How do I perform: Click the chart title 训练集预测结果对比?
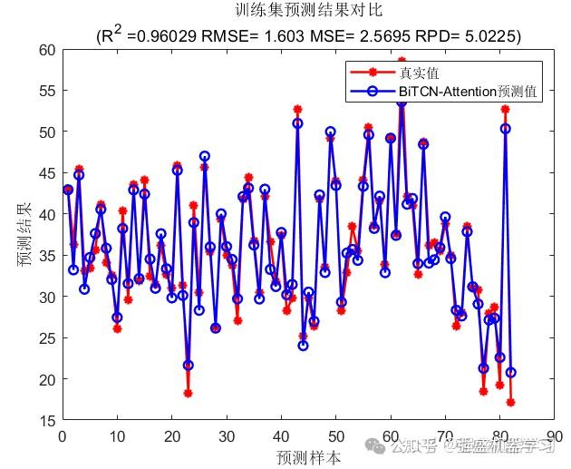(x=309, y=12)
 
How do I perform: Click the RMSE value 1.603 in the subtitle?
(x=276, y=35)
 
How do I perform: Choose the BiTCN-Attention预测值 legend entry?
(x=468, y=92)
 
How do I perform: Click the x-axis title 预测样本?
(x=309, y=457)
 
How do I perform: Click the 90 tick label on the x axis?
(x=555, y=436)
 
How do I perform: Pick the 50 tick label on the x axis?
(x=335, y=436)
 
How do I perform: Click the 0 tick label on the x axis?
(x=62, y=436)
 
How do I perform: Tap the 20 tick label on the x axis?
(x=171, y=436)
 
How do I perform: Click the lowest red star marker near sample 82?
(x=510, y=402)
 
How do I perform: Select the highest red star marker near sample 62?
(x=402, y=61)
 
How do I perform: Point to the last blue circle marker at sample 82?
(x=510, y=372)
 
